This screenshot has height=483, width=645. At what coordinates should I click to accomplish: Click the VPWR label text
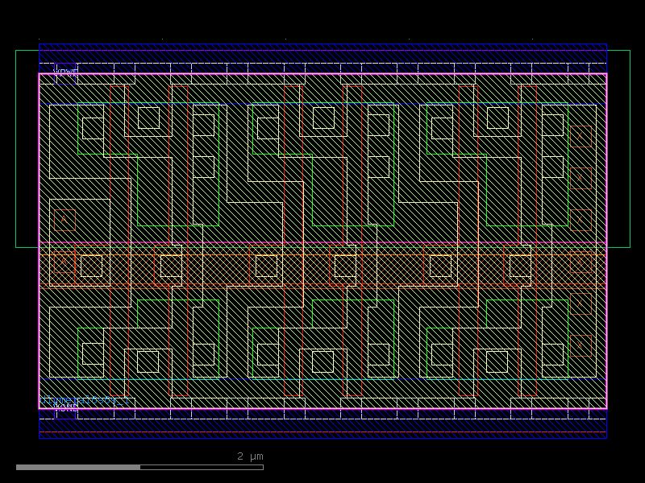click(65, 72)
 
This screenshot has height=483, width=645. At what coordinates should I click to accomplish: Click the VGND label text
click(65, 408)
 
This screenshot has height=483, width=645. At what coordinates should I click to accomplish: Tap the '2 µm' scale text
click(250, 456)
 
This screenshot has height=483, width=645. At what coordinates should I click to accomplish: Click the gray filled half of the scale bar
click(78, 467)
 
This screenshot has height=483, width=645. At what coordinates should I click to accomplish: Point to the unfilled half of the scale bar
click(202, 467)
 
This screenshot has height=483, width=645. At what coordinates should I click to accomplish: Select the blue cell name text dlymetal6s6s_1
click(84, 400)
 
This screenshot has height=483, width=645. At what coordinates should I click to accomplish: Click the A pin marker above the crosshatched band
click(64, 220)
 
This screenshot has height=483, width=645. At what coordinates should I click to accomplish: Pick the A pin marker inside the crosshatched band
click(63, 262)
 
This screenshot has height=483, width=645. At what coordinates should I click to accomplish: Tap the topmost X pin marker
click(580, 136)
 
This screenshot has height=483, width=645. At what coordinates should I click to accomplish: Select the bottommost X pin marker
click(580, 345)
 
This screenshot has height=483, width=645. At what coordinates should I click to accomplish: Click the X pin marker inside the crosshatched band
click(580, 262)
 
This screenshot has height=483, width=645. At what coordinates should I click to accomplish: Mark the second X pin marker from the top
click(580, 178)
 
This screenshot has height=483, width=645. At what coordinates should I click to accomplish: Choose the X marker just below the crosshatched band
click(580, 303)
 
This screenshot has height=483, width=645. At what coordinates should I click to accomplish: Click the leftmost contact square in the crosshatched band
click(91, 266)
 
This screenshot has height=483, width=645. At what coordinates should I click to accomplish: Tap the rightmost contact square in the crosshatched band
click(520, 266)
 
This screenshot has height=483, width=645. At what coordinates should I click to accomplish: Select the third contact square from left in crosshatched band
click(266, 266)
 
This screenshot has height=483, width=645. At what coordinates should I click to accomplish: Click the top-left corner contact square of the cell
click(93, 128)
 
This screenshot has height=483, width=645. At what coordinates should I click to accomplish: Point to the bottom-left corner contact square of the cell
click(93, 354)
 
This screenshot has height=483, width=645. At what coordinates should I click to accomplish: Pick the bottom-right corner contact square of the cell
click(552, 354)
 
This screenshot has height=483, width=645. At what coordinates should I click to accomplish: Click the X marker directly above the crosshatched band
click(580, 220)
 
